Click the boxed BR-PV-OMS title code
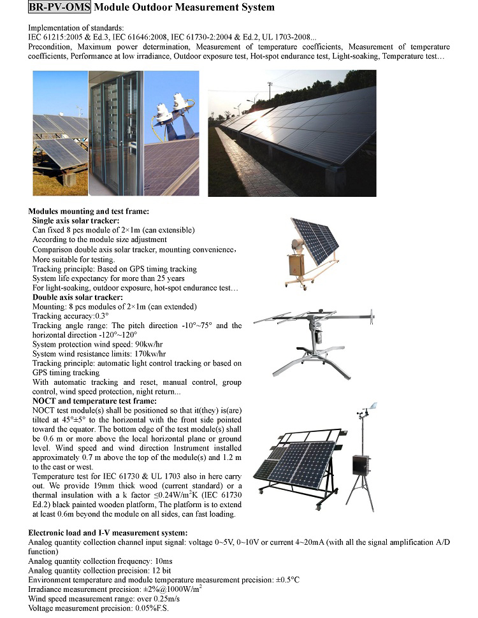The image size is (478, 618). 60,8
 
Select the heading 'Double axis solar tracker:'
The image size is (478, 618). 77,298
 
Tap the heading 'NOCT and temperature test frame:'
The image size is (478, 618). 94,401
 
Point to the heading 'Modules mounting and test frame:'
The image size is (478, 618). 89,212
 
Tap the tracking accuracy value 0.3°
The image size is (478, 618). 101,316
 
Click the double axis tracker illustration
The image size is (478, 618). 314,344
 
